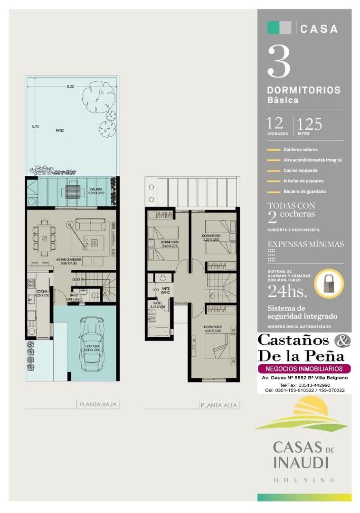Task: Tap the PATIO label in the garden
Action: click(59, 130)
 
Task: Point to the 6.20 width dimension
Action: click(70, 86)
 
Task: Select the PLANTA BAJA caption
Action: click(98, 405)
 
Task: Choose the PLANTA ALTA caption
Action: click(219, 405)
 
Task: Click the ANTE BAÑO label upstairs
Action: click(165, 290)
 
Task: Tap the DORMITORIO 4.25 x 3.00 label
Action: click(213, 329)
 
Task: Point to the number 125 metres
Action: click(310, 124)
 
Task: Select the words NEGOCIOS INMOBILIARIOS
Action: click(304, 369)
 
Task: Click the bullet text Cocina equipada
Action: click(300, 171)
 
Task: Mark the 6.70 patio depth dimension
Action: click(35, 126)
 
